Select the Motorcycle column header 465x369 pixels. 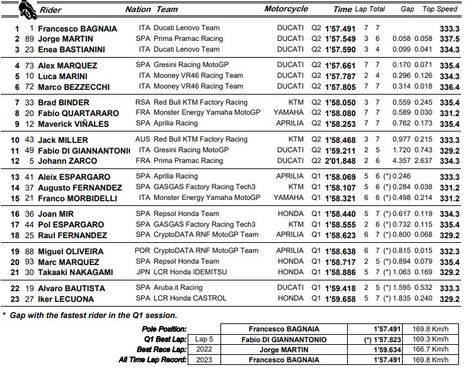tap(286, 9)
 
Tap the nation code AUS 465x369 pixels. tap(143, 139)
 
